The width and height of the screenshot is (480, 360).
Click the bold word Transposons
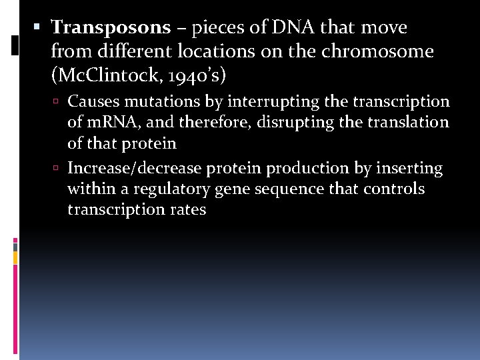[111, 28]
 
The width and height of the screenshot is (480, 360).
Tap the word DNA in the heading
[290, 28]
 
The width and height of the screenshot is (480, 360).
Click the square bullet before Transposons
[38, 28]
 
